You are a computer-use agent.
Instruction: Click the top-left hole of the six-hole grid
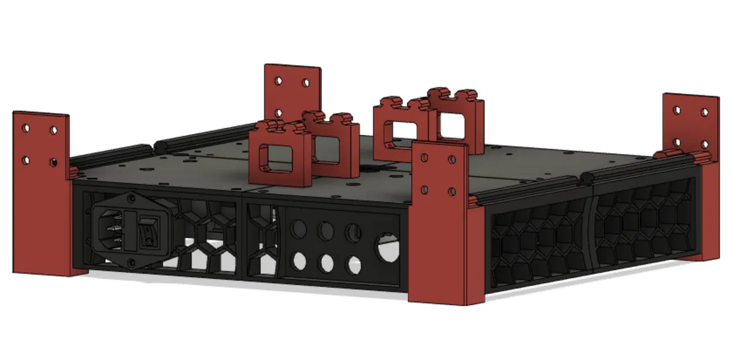tap(298, 229)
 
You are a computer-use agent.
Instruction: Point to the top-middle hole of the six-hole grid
tap(326, 232)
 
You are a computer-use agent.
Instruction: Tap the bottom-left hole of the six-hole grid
tap(299, 262)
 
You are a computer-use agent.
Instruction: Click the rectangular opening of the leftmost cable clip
tap(277, 158)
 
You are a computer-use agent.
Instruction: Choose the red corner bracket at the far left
tap(41, 193)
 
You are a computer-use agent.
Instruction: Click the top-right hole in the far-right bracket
tap(704, 112)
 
